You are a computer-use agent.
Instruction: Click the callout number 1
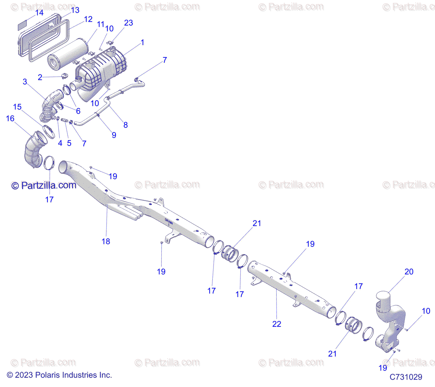(142, 42)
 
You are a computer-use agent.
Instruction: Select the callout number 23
(128, 23)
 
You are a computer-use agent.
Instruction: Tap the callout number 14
(39, 13)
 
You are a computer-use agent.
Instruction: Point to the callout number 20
(409, 272)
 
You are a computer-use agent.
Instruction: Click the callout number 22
(277, 324)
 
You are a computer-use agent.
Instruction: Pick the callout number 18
(106, 241)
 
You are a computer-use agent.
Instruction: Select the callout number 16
(10, 118)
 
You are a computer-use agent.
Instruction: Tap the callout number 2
(40, 77)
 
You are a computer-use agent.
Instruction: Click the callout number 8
(125, 125)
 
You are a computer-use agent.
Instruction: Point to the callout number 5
(69, 143)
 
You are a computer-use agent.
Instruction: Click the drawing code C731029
(406, 377)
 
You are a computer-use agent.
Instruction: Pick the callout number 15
(17, 107)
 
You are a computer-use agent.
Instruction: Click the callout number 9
(114, 135)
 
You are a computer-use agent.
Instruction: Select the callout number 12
(88, 19)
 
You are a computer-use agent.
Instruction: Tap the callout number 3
(25, 82)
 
